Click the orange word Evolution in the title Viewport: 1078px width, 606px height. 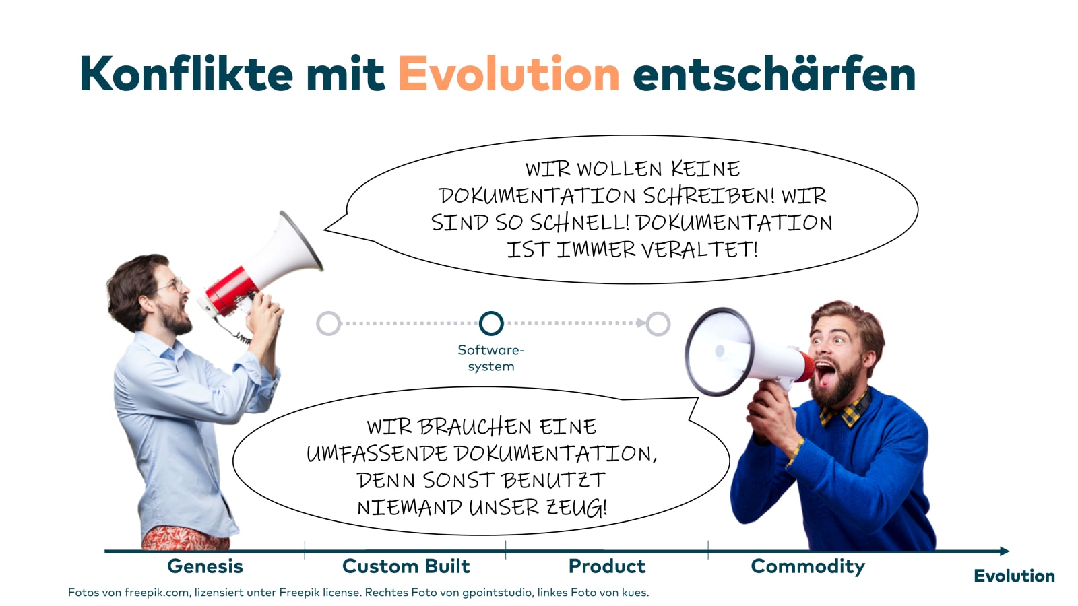point(509,74)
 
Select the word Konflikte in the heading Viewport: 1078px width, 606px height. point(186,74)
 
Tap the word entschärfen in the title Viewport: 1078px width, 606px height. point(773,74)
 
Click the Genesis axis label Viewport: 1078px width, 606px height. point(205,566)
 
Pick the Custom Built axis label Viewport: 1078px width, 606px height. point(406,566)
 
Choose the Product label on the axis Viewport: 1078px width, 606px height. point(606,566)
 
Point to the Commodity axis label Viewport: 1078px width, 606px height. point(808,566)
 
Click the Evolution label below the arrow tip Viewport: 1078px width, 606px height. point(1014,576)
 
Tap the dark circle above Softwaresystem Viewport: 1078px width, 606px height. point(491,323)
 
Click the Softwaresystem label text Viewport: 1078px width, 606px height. point(491,358)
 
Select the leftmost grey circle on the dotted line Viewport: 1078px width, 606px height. point(328,323)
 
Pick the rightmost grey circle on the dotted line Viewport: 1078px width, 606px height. point(658,323)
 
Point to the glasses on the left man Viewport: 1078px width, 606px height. point(171,285)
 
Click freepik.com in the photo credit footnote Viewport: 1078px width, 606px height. point(156,593)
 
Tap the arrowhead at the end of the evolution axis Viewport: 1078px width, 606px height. point(1005,551)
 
